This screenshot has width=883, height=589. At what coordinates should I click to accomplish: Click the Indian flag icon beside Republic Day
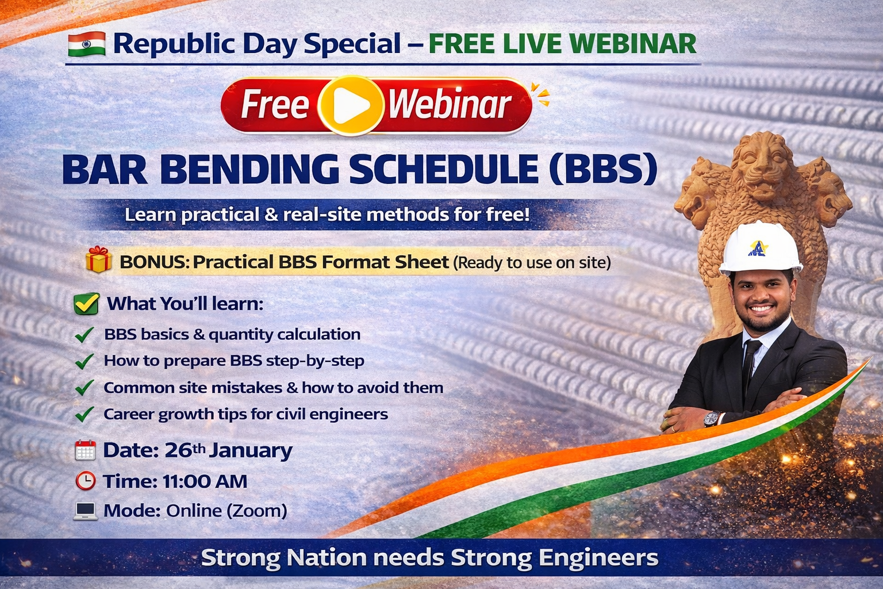87,44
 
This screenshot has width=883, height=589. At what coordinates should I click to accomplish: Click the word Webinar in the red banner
450,105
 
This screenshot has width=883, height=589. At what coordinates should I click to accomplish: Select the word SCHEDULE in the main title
444,169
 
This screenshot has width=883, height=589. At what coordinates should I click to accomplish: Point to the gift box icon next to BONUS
98,259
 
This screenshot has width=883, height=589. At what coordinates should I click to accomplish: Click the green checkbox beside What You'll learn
87,304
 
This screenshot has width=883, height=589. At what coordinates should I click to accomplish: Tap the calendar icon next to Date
85,450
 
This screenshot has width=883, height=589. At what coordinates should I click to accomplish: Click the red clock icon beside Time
86,481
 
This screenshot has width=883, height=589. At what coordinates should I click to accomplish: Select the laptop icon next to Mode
86,511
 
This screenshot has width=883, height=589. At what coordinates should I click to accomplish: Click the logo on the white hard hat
758,248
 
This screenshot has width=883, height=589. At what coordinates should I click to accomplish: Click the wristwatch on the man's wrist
712,419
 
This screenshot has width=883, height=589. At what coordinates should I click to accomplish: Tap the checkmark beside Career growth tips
85,414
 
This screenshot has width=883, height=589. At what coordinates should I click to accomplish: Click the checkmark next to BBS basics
85,335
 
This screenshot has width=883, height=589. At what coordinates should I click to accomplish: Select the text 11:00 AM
205,481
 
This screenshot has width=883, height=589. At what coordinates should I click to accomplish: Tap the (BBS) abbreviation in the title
603,169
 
